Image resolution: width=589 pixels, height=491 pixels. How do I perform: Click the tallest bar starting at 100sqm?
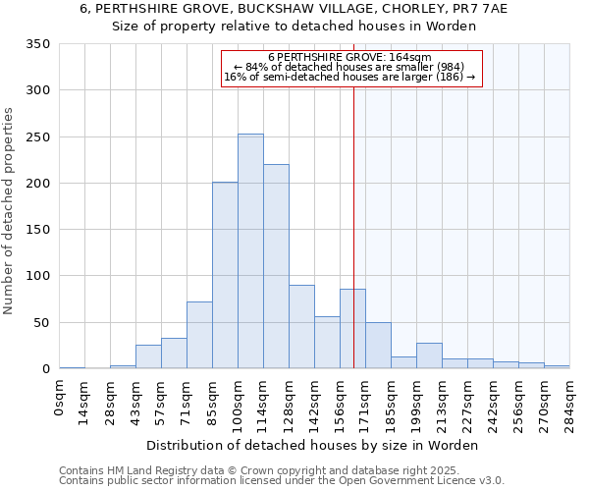[250, 251]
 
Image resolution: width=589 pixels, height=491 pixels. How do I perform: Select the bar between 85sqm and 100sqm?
[225, 275]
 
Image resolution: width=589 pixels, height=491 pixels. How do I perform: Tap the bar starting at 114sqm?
[276, 266]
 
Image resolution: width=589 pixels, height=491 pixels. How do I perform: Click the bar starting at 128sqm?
[301, 327]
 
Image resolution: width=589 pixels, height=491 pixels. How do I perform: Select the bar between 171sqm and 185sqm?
[378, 346]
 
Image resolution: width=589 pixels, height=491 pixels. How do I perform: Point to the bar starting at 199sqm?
[429, 355]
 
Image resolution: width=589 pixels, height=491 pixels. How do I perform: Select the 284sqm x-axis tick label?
[569, 401]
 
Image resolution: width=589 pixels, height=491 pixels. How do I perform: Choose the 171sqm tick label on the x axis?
[366, 401]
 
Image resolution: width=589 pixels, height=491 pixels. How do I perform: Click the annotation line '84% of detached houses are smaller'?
[348, 67]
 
